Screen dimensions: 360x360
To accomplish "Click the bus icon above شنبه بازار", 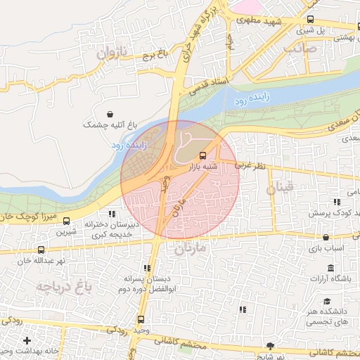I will click(x=203, y=155).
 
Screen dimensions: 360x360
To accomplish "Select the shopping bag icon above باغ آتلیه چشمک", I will click(x=110, y=114).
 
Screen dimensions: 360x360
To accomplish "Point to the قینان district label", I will click(x=279, y=188).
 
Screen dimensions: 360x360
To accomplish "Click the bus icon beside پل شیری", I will click(x=311, y=20).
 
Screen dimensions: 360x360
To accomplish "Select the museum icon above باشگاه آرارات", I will click(x=330, y=268).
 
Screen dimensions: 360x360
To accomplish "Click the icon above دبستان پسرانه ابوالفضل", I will click(x=147, y=268).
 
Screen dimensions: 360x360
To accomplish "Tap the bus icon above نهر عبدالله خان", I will click(x=40, y=249).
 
